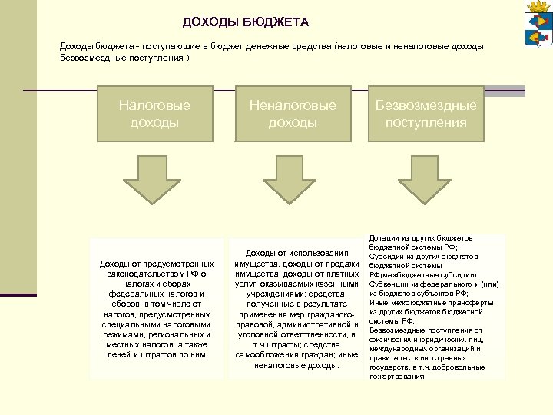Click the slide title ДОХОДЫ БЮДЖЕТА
[x=246, y=22]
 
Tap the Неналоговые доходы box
[x=293, y=114]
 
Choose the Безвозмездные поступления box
[x=426, y=114]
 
